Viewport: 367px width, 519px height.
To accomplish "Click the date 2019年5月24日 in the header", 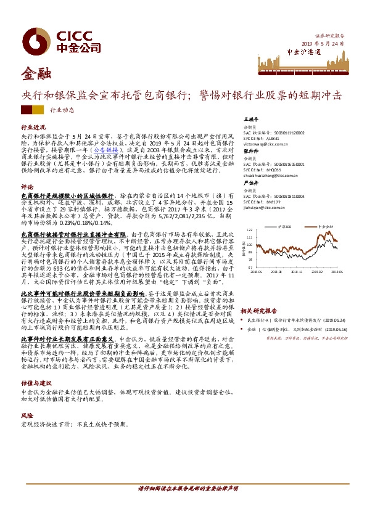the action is coord(323,43).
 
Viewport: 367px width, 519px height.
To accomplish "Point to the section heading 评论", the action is coord(27,186).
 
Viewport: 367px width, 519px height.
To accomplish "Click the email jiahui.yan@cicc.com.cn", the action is coord(264,210).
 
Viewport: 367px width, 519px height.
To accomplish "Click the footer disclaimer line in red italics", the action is coord(183,487).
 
